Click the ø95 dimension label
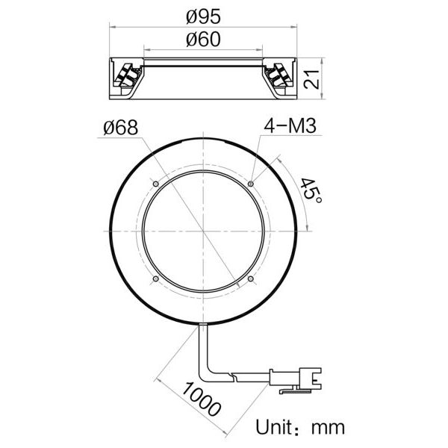coord(203,15)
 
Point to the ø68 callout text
coord(121,128)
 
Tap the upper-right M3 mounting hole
coord(252,183)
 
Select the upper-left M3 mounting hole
coord(155,183)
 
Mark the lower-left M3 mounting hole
coord(155,280)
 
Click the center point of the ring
coord(203,231)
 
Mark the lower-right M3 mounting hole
coord(252,280)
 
